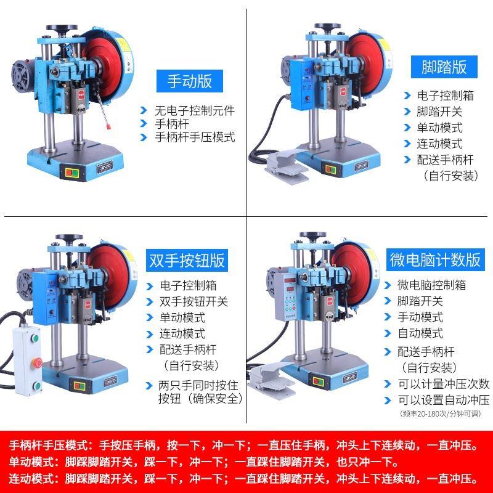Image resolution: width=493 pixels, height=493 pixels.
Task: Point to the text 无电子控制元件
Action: click(195, 111)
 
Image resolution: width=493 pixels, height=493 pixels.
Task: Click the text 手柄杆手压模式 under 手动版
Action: click(195, 137)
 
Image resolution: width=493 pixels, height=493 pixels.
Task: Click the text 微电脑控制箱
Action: click(432, 285)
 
